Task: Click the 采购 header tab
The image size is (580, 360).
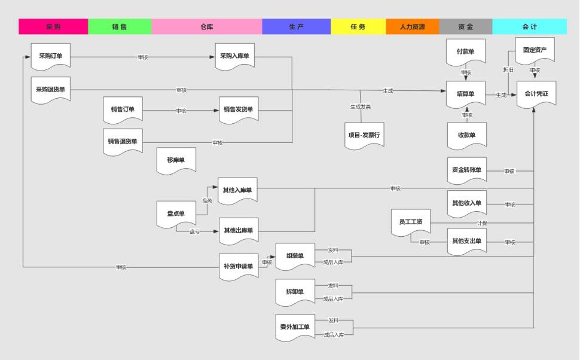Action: [x=53, y=27]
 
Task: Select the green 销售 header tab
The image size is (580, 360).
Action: [x=120, y=27]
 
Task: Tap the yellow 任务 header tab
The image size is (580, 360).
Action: [x=358, y=27]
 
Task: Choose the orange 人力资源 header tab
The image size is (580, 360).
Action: [x=413, y=27]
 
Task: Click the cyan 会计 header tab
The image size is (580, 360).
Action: [x=529, y=27]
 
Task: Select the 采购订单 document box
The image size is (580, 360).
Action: [x=51, y=56]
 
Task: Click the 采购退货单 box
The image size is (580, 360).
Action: [x=51, y=90]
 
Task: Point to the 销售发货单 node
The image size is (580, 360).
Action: [x=239, y=109]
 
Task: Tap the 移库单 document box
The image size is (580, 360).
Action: [x=176, y=160]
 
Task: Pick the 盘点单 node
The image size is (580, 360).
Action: [x=176, y=213]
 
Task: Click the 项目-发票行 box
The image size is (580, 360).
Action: [x=365, y=135]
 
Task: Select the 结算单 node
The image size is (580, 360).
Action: [x=466, y=94]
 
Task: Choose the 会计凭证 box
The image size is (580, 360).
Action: [x=536, y=94]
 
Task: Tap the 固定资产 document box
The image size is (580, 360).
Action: [x=535, y=50]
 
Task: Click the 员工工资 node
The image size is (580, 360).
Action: [x=411, y=222]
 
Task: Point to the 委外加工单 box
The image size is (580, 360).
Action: [x=295, y=327]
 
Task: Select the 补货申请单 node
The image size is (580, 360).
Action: [x=239, y=266]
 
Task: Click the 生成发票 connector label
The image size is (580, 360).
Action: [x=361, y=107]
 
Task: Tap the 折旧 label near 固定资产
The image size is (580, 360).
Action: [x=508, y=70]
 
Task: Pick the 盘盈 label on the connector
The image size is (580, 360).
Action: [x=207, y=202]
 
